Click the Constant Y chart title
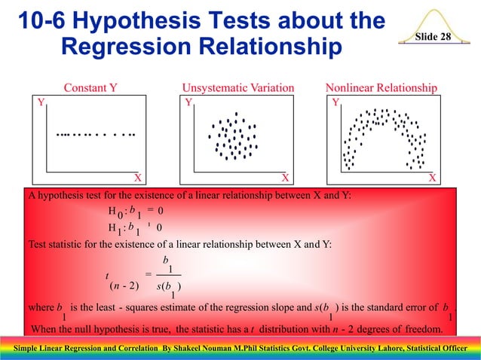pyautogui.click(x=90, y=88)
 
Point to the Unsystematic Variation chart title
pyautogui.click(x=238, y=88)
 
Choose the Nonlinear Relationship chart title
pyautogui.click(x=381, y=88)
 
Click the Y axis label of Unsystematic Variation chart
pyautogui.click(x=189, y=101)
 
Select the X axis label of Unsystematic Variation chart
pyautogui.click(x=285, y=178)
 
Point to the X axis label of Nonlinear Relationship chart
pyautogui.click(x=432, y=178)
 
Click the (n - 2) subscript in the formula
pyautogui.click(x=123, y=285)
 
